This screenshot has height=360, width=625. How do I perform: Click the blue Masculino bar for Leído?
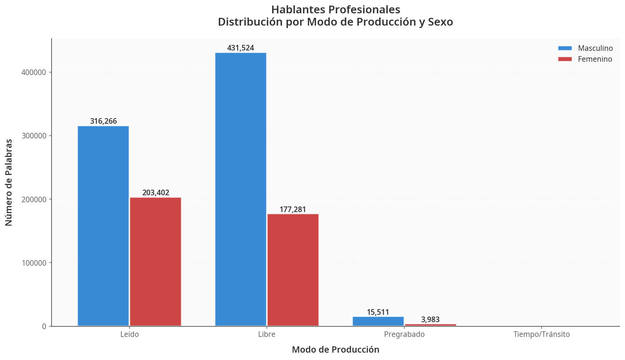coord(103,226)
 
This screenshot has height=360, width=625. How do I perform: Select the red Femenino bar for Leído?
coord(155,262)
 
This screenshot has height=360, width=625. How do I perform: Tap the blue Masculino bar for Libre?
coord(241,189)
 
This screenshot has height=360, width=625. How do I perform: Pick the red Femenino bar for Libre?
coord(293,270)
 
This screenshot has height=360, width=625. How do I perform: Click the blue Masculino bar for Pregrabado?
coord(378,321)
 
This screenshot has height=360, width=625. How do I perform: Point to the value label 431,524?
coord(241,48)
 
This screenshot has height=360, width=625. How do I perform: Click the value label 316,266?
coord(103,121)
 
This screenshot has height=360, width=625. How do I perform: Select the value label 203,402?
coord(156,193)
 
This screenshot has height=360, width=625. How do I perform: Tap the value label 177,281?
coord(293,210)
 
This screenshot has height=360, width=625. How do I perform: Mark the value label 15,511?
coord(378,312)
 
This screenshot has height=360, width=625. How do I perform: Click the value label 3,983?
coord(430,320)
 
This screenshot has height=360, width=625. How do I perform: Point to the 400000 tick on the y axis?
coord(34,73)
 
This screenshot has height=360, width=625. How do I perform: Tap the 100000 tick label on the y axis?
coord(34,263)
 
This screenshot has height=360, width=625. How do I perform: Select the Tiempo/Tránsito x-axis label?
coord(542,334)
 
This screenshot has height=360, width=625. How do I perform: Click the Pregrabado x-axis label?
coord(404,334)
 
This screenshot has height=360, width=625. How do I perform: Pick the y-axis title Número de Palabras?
coord(9,182)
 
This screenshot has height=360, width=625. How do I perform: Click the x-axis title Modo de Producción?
coord(335,350)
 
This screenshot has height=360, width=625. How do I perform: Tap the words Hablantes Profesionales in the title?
coord(335,9)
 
